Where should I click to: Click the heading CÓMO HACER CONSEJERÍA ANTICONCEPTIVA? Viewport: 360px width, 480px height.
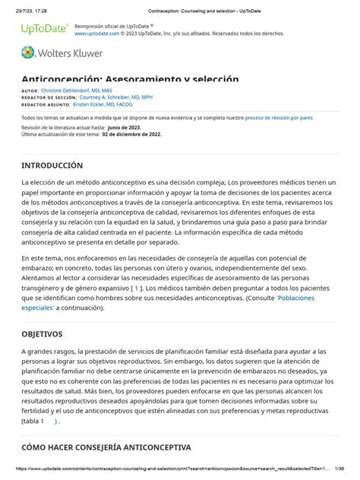[x=106, y=447]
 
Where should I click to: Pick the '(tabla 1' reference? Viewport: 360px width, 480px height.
[x=33, y=420]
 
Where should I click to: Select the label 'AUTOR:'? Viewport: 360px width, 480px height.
[x=30, y=90]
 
